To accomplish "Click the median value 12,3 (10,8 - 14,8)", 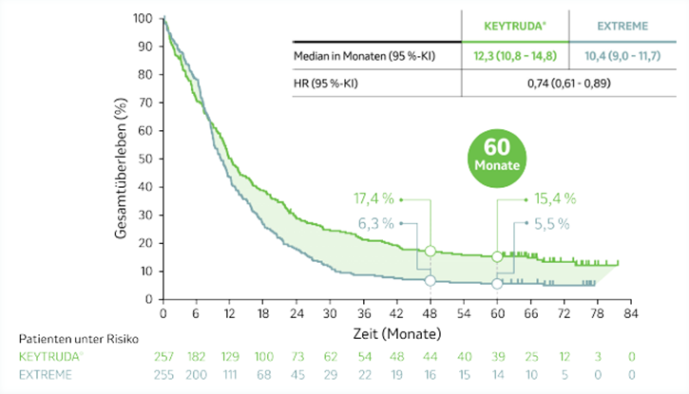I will [514, 58].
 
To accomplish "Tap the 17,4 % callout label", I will [373, 199].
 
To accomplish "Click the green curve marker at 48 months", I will [431, 251].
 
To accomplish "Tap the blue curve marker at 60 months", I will [497, 283].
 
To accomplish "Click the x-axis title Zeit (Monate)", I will [397, 334].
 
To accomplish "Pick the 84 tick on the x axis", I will [629, 313].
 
